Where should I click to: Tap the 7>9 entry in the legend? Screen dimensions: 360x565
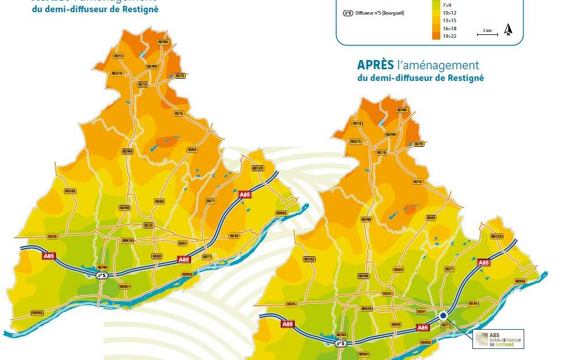point(447,3)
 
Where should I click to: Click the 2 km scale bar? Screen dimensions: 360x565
point(487,33)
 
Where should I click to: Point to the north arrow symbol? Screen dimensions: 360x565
point(508,30)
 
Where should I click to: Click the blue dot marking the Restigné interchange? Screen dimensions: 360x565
point(443,315)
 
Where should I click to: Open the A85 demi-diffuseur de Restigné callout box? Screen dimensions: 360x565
point(499,339)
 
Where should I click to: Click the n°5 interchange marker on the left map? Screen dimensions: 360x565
point(101,275)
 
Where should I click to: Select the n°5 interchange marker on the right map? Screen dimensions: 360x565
point(342,344)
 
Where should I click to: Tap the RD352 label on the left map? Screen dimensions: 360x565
point(70,190)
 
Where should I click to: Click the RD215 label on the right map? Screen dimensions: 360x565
point(355,142)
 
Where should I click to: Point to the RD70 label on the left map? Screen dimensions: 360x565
point(179,76)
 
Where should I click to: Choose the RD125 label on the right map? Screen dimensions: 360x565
point(496,237)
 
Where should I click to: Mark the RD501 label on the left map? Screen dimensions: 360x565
point(125,286)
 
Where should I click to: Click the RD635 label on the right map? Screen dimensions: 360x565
point(366,309)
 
